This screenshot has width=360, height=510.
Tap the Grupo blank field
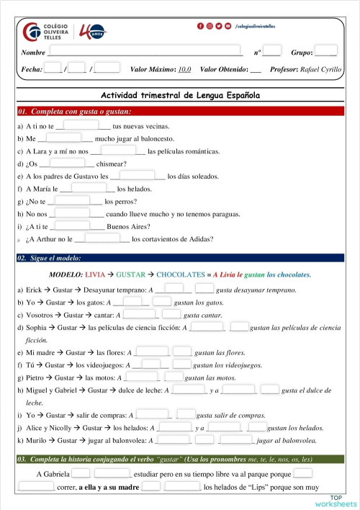[x=325, y=52]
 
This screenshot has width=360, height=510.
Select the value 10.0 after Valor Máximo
[x=184, y=69]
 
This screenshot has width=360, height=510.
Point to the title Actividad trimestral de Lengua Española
[x=180, y=95]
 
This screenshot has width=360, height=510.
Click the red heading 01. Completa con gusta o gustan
[x=75, y=112]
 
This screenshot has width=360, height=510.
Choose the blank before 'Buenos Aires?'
[x=75, y=226]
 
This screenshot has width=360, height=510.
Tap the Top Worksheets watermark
[x=343, y=501]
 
